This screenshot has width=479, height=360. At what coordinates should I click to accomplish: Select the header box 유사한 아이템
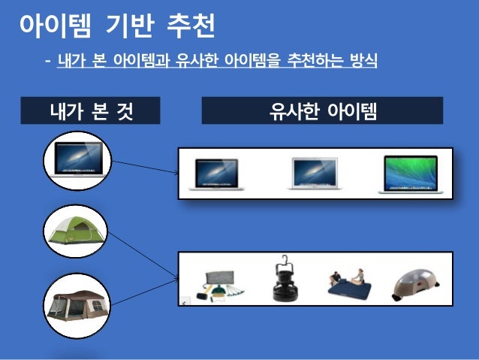coord(323,112)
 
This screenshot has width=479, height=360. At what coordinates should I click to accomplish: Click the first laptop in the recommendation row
coord(216,173)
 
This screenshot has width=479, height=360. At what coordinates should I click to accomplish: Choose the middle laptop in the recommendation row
coord(315,173)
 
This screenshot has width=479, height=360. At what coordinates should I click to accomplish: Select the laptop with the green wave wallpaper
coord(409,173)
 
